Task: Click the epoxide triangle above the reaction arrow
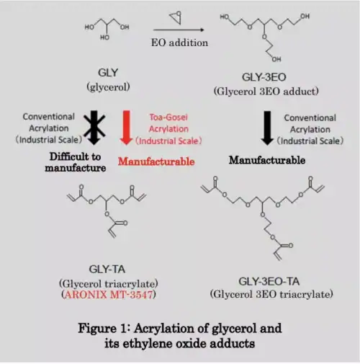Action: tap(176, 17)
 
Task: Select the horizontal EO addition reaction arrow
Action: tap(179, 30)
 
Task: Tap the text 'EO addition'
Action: tap(179, 43)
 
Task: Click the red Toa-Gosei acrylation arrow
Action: tap(126, 128)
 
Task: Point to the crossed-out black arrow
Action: tap(94, 128)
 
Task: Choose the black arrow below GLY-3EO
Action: tap(267, 128)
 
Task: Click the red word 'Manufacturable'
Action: tap(156, 161)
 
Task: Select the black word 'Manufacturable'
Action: tap(267, 160)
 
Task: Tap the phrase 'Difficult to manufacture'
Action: tap(76, 162)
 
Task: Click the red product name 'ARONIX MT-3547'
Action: tap(109, 294)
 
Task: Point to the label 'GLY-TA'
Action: tap(107, 269)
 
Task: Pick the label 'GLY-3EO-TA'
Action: tap(269, 281)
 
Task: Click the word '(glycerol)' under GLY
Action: tap(108, 86)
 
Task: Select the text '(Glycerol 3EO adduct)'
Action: tap(266, 92)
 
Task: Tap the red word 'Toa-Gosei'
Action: tap(168, 117)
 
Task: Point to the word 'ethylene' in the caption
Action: tap(149, 343)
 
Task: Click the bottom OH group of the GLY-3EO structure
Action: tap(276, 59)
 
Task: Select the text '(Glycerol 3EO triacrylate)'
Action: tap(271, 294)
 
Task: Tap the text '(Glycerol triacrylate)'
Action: tap(109, 284)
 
